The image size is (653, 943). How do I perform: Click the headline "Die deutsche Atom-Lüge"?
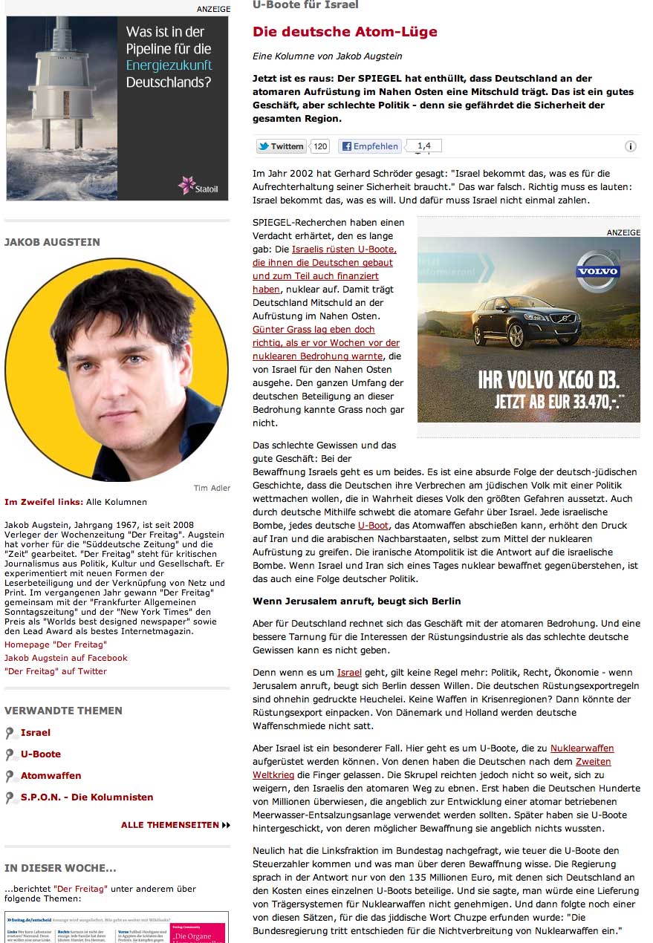pos(345,32)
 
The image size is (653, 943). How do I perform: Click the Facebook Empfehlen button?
pos(369,146)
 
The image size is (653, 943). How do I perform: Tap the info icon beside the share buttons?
pos(630,147)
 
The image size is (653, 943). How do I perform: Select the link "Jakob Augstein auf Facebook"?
pos(65,658)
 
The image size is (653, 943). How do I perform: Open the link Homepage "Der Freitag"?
pos(55,645)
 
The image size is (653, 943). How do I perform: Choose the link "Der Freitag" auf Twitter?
pos(56,671)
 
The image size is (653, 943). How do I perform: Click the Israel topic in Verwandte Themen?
pos(36,733)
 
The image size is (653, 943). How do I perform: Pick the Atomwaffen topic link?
pos(51,776)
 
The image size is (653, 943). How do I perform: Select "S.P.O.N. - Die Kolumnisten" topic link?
pos(86,797)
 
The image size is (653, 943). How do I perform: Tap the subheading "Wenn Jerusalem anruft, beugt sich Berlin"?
pos(357,601)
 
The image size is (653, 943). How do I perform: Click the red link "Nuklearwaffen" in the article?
pos(582,748)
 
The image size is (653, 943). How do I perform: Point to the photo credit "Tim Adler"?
pos(212,488)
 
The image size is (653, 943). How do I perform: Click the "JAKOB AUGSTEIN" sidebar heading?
pos(52,242)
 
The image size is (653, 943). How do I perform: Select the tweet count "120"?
pos(320,146)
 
